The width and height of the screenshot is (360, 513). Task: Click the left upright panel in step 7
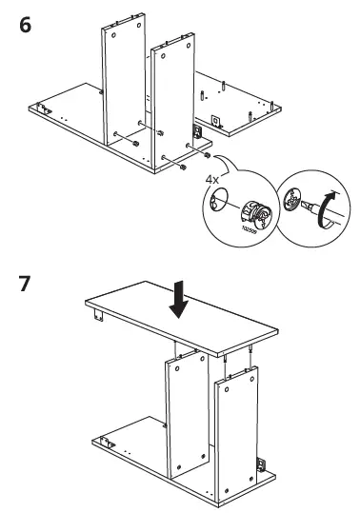[185, 419]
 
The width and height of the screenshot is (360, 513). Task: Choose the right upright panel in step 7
[235, 433]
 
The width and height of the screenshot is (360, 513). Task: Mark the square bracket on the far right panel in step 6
[216, 121]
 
